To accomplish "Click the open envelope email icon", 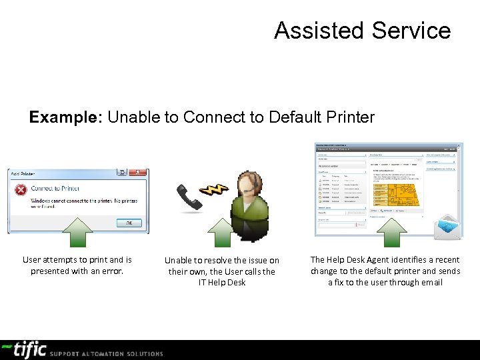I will click(x=447, y=228).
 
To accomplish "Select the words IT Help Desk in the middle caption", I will click(x=222, y=282).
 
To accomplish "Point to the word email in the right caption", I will click(x=431, y=282).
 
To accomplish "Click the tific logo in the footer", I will click(x=25, y=349).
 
